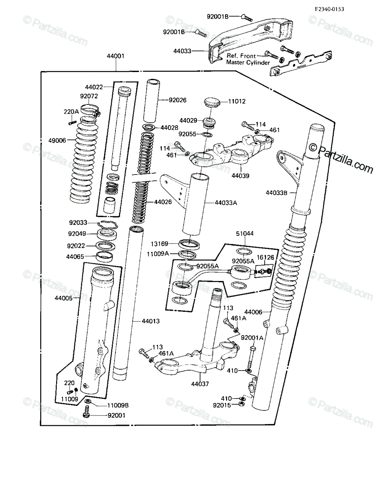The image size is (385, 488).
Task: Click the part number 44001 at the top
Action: click(x=115, y=56)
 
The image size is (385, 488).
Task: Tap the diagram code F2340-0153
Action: click(x=329, y=9)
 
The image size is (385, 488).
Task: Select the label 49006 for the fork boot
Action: click(x=57, y=141)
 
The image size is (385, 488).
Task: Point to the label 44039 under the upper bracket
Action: click(x=240, y=176)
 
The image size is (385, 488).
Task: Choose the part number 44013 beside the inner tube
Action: click(x=151, y=321)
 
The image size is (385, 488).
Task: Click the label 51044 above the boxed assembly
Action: click(x=245, y=233)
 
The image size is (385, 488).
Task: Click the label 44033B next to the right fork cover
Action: click(x=276, y=193)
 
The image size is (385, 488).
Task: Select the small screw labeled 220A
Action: click(x=72, y=123)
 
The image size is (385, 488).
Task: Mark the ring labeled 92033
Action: click(x=108, y=225)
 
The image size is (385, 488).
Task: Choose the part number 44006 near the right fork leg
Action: click(x=253, y=312)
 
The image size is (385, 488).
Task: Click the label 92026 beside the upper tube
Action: click(x=178, y=100)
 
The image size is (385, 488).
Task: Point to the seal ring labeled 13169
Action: click(x=189, y=244)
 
